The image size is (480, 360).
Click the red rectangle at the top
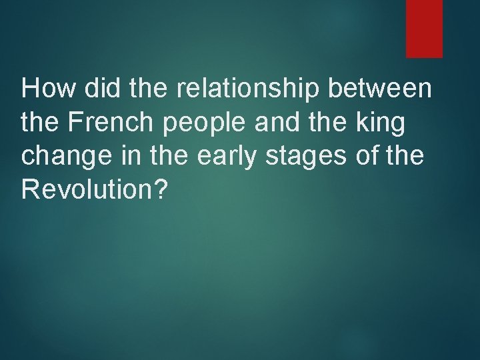point(424,28)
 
